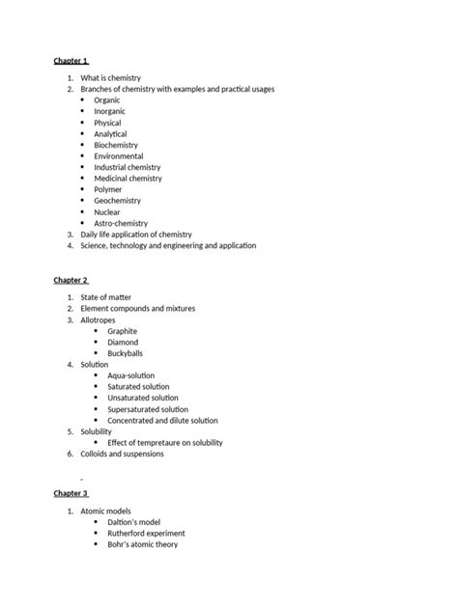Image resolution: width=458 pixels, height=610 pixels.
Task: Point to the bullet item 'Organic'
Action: point(107,100)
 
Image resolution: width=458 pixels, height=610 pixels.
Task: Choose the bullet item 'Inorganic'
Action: point(109,112)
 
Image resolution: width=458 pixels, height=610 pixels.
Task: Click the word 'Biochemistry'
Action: point(116,145)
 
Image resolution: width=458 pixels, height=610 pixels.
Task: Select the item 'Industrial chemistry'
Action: point(128,167)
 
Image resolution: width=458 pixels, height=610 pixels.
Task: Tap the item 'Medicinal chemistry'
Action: point(128,179)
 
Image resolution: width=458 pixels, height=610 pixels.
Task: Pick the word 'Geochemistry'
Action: point(117,201)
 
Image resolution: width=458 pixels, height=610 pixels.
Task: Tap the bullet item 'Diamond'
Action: point(123,342)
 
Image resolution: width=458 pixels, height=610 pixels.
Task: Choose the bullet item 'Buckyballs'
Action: point(126,353)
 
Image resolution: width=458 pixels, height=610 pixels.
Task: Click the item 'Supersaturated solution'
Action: point(148,409)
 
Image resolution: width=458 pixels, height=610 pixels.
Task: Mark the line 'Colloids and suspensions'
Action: point(123,454)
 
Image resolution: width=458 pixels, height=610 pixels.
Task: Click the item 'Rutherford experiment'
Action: point(146,533)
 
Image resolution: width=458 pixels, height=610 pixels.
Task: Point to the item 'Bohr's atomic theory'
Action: point(143,544)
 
